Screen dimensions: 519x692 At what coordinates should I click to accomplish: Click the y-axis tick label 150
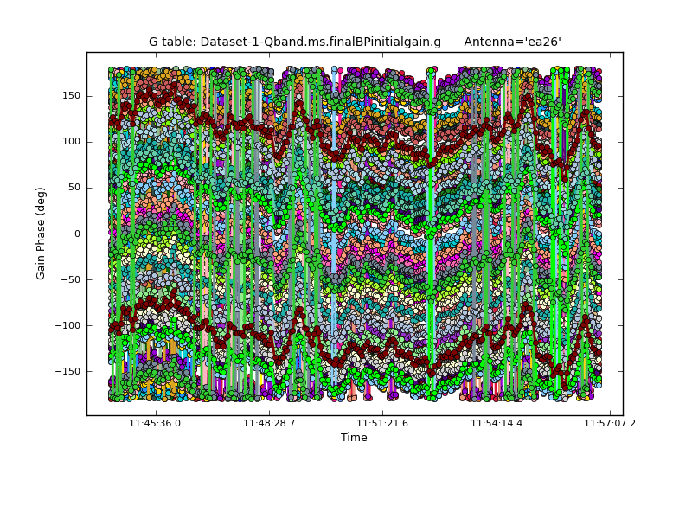point(71,96)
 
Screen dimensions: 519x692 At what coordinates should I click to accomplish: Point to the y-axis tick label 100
point(71,142)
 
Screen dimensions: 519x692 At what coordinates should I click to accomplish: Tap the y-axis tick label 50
point(74,188)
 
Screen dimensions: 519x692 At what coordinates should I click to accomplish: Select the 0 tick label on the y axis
point(77,234)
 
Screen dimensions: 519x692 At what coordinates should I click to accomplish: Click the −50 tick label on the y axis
point(70,279)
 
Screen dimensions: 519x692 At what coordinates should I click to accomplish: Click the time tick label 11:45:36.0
point(155,424)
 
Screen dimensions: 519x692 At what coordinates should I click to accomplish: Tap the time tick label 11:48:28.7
point(269,424)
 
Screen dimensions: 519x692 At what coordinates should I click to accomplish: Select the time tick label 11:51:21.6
point(382,424)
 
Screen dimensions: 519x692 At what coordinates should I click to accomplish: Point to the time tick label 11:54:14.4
point(497,424)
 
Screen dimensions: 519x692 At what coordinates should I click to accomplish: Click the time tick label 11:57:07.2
point(610,424)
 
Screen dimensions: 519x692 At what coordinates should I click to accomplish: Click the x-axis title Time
point(354,438)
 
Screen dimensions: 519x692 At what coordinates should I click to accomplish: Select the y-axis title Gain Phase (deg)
point(41,234)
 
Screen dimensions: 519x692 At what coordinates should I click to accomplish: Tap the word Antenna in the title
point(490,42)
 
